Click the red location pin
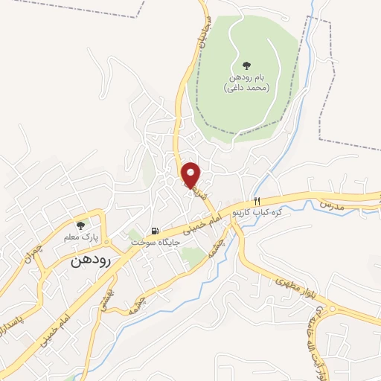tap(192, 174)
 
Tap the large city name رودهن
tap(91, 261)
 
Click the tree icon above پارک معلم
tap(81, 225)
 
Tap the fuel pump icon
tap(155, 231)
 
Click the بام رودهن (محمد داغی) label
tap(246, 83)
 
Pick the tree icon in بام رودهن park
tap(246, 65)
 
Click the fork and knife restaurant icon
tap(257, 200)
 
